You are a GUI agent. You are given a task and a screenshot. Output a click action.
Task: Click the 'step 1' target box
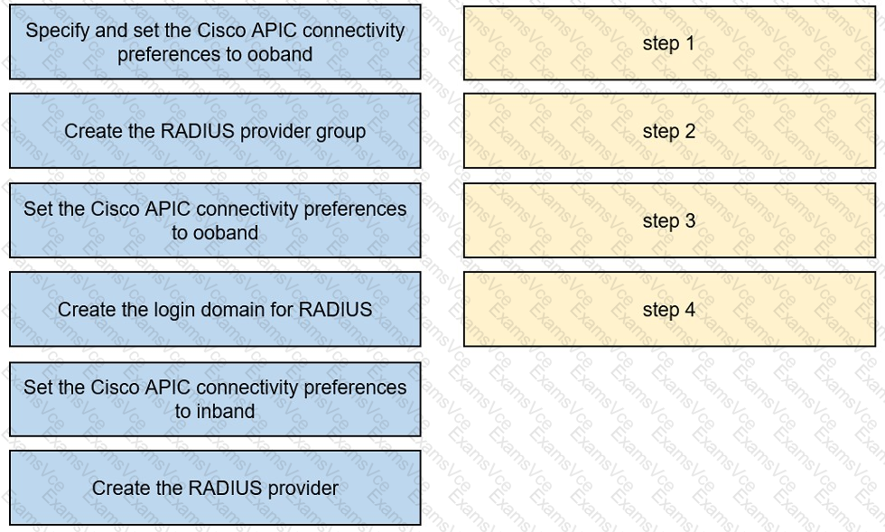point(669,43)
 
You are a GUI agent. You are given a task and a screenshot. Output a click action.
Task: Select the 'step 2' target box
point(669,131)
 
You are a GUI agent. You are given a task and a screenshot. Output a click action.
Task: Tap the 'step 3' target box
point(669,220)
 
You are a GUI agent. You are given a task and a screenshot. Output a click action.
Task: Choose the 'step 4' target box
point(669,309)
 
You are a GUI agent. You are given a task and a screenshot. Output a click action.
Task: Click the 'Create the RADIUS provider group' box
point(215,131)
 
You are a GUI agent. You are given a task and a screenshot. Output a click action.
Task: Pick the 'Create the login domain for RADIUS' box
point(215,309)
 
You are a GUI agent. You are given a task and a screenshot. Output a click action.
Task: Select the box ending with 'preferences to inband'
point(215,399)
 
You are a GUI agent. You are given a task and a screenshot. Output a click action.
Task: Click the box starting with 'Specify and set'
point(215,42)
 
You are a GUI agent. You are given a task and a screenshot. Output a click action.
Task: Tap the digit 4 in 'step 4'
point(690,310)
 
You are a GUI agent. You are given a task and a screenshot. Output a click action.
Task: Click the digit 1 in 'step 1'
point(689,43)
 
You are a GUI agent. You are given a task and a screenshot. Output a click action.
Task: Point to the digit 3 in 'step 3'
point(690,220)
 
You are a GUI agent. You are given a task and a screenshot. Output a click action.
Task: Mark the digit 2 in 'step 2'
point(690,131)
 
